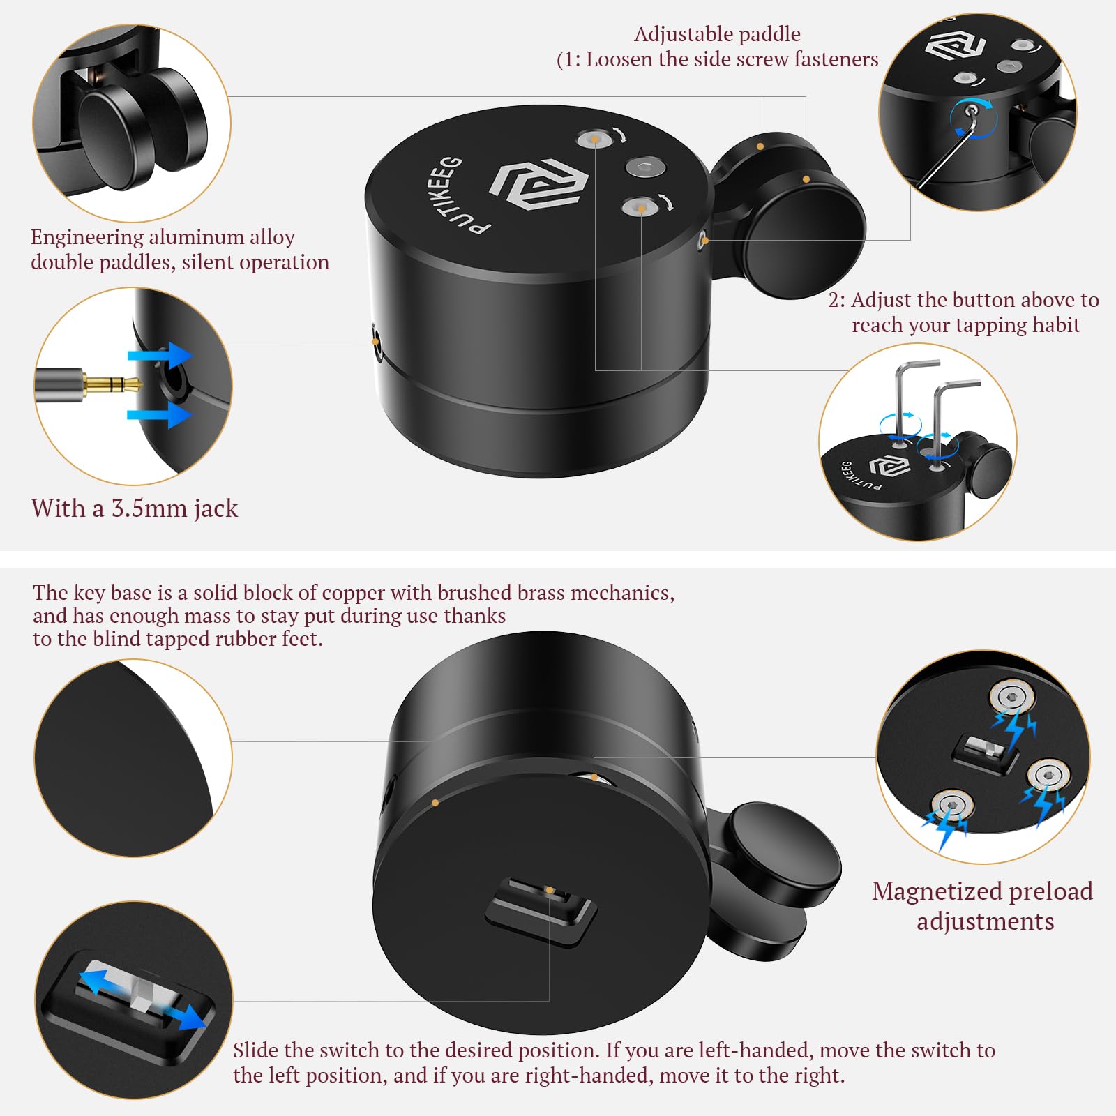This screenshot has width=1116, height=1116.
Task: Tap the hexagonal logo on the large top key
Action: click(538, 183)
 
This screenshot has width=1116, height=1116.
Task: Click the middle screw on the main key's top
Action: click(644, 167)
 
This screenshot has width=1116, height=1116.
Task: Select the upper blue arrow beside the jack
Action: click(160, 356)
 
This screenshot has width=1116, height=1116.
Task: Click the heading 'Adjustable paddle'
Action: click(717, 34)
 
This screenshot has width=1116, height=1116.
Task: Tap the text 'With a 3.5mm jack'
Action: click(134, 508)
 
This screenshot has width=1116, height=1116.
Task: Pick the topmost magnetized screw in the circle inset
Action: click(1011, 697)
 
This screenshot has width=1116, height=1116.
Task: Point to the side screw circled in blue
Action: click(971, 110)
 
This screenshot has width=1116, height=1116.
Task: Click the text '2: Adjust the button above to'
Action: click(963, 300)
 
